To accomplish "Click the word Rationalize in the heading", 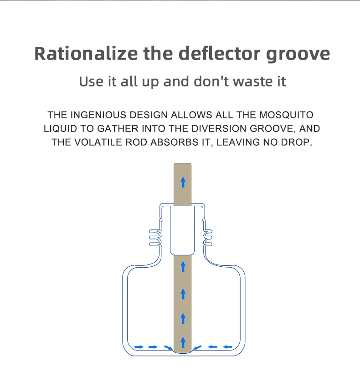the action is pyautogui.click(x=86, y=53).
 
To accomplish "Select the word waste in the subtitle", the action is pyautogui.click(x=253, y=81).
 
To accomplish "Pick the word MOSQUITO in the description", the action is pyautogui.click(x=286, y=115).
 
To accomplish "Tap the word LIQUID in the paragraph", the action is pyautogui.click(x=60, y=128).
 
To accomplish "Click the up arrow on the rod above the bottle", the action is pyautogui.click(x=183, y=182).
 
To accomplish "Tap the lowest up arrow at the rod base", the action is pyautogui.click(x=183, y=342).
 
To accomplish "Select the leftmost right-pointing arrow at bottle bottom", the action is pyautogui.click(x=139, y=347).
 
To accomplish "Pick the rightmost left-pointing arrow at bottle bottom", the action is pyautogui.click(x=227, y=347).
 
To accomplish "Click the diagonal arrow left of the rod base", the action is pyautogui.click(x=169, y=348).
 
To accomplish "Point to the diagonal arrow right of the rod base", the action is pyautogui.click(x=197, y=348).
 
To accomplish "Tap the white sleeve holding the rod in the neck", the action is pyautogui.click(x=182, y=230).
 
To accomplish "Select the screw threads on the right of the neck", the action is pyautogui.click(x=208, y=238).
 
